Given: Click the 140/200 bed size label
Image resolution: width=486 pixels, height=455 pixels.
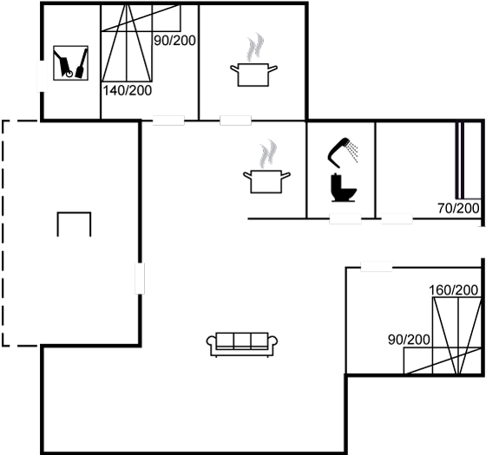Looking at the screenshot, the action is tap(127, 91).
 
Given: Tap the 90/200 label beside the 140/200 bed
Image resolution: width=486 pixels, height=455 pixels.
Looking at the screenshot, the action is tap(174, 41).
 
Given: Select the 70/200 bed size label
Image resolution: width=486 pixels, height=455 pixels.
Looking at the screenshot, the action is tap(458, 208).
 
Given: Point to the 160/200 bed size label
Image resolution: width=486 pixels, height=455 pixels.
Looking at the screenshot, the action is tap(453, 290).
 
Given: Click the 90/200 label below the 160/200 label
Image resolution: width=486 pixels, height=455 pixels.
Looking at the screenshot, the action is tap(409, 340).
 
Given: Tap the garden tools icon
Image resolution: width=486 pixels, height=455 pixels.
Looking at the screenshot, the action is tap(70, 63).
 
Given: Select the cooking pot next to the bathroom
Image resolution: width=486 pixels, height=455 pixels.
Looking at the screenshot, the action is tap(266, 181).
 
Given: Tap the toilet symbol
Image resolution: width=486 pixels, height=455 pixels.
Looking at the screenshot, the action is tap(344, 187).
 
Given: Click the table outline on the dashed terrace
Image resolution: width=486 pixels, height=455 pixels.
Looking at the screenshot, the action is tap(74, 213).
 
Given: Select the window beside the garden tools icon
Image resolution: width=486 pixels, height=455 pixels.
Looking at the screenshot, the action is tap(42, 76).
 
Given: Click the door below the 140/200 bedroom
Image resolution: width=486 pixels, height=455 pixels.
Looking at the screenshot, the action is tap(168, 120).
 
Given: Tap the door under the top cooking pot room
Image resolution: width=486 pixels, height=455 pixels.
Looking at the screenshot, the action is tap(235, 120).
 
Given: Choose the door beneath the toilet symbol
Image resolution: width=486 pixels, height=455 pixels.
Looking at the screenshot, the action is tap(345, 218).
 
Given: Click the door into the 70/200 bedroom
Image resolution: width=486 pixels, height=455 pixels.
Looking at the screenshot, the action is tap(397, 218).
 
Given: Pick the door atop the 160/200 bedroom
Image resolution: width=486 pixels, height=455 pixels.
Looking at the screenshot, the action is tap(377, 267).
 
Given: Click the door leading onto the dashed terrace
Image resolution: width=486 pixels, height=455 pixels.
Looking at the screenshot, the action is tap(140, 278).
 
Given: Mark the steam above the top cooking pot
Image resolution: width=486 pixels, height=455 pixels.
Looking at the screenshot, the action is tap(255, 47).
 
